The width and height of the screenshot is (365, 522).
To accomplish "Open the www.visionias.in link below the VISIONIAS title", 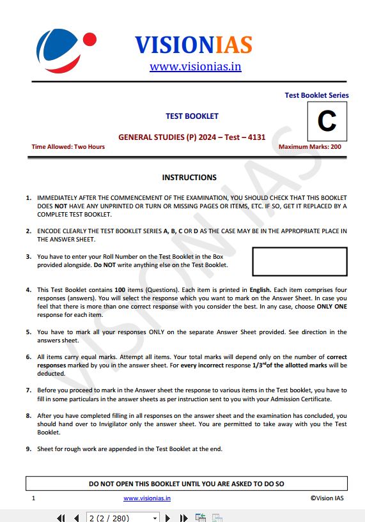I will (x=195, y=66).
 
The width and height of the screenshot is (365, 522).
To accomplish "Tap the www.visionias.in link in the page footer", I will (x=147, y=498).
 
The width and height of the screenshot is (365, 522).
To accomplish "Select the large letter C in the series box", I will (x=327, y=121).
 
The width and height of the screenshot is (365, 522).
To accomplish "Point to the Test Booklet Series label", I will (x=316, y=95).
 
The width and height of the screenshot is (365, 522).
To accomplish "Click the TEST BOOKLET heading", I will (x=192, y=116).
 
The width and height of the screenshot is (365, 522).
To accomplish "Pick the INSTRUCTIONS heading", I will (x=189, y=178).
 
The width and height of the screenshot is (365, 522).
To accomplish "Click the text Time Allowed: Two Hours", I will (x=68, y=147).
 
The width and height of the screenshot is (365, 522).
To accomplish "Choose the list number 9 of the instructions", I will (x=29, y=449).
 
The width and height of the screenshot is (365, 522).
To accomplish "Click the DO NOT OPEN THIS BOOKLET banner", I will (x=187, y=484).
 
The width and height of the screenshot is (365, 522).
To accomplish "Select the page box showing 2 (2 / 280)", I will (x=121, y=518).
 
